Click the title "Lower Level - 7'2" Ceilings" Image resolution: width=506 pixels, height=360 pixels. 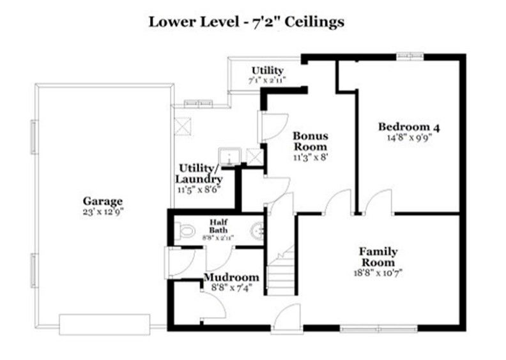click(x=247, y=22)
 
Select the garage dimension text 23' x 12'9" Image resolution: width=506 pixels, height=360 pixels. click(x=102, y=211)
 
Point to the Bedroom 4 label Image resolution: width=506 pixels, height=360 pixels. click(x=409, y=126)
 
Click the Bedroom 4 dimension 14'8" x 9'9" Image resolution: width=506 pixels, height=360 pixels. click(x=409, y=137)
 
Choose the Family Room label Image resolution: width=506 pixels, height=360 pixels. click(x=378, y=257)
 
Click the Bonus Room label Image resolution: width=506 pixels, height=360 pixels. click(x=310, y=141)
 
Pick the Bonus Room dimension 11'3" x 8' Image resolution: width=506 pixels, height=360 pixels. click(x=310, y=157)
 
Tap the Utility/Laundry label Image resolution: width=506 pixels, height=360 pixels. click(x=200, y=174)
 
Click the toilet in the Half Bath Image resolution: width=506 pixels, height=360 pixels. click(x=185, y=230)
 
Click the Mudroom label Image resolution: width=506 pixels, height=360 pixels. click(x=231, y=278)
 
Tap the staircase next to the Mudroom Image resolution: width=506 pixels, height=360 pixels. click(x=280, y=271)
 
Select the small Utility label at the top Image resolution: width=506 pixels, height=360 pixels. click(x=267, y=70)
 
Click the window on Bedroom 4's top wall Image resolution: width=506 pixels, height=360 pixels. click(x=410, y=57)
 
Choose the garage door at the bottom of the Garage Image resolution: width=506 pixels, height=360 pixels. click(x=105, y=324)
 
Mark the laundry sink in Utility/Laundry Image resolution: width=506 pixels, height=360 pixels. click(x=227, y=157)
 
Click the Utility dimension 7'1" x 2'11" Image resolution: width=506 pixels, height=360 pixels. click(x=267, y=80)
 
